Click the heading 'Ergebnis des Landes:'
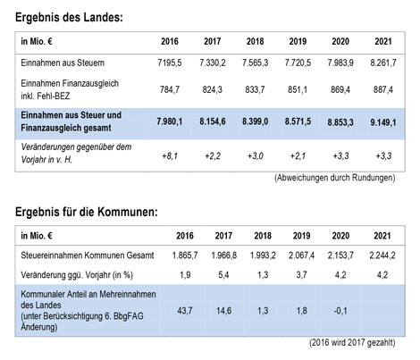[x=69, y=17]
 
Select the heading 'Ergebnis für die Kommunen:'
[x=87, y=212]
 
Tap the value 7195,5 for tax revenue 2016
[x=170, y=63]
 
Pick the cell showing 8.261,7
[x=383, y=63]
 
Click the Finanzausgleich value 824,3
[x=213, y=89]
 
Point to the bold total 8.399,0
[x=255, y=121]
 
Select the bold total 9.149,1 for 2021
[x=383, y=122]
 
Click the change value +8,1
[x=170, y=155]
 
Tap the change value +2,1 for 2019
[x=298, y=155]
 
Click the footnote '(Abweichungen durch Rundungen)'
[x=335, y=178]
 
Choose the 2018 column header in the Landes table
[x=255, y=41]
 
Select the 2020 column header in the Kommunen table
[x=340, y=236]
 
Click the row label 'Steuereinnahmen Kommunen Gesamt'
[x=88, y=255]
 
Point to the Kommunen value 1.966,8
[x=223, y=255]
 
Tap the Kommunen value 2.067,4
[x=301, y=255]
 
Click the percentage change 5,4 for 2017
[x=223, y=274]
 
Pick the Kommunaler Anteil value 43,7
[x=185, y=311]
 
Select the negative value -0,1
[x=340, y=311]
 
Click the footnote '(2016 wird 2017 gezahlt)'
[x=352, y=342]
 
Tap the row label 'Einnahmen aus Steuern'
[x=63, y=63]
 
